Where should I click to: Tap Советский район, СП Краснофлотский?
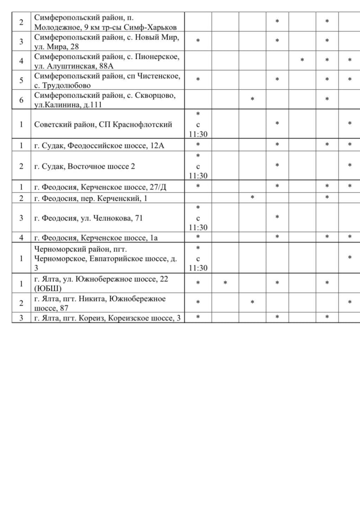(103, 124)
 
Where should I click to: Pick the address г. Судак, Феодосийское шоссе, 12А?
(99, 145)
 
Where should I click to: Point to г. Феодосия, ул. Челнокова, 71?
(89, 218)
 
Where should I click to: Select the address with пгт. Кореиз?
(108, 318)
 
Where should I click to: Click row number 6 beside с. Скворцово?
(21, 100)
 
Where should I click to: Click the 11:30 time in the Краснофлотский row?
(198, 134)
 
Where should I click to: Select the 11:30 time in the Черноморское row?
(198, 268)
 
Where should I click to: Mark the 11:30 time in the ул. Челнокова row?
(198, 228)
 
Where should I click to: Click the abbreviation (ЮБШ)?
(48, 288)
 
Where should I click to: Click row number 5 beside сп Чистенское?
(21, 80)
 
